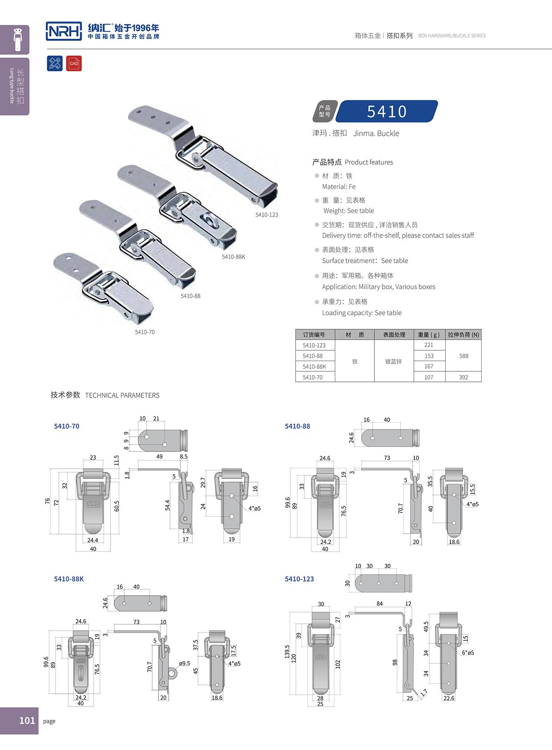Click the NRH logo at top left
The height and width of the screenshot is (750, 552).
tap(64, 31)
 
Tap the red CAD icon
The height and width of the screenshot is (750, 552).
tap(74, 63)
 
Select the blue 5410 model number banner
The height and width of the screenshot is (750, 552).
tap(386, 111)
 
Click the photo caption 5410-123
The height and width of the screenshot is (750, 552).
tap(267, 215)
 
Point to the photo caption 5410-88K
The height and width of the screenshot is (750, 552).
tap(233, 257)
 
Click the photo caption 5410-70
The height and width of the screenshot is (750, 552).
tap(145, 332)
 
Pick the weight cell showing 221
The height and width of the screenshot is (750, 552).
tap(429, 345)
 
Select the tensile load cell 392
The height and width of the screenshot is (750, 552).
tap(463, 377)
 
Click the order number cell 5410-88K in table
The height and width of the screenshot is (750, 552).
tap(314, 366)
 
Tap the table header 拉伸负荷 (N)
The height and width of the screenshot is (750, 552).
tap(463, 335)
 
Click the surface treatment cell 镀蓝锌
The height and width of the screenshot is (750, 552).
tap(394, 361)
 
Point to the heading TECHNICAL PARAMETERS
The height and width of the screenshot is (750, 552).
tap(122, 395)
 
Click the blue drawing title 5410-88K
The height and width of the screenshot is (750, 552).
tap(69, 579)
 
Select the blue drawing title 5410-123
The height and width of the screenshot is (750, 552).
tap(299, 579)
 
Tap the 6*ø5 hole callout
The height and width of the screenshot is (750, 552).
tap(468, 652)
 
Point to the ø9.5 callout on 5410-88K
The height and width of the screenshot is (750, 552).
tap(185, 663)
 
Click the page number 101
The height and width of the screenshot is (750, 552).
tap(27, 721)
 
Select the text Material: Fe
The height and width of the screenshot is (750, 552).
tap(339, 187)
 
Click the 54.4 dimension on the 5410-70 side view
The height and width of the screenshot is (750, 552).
tap(167, 505)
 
